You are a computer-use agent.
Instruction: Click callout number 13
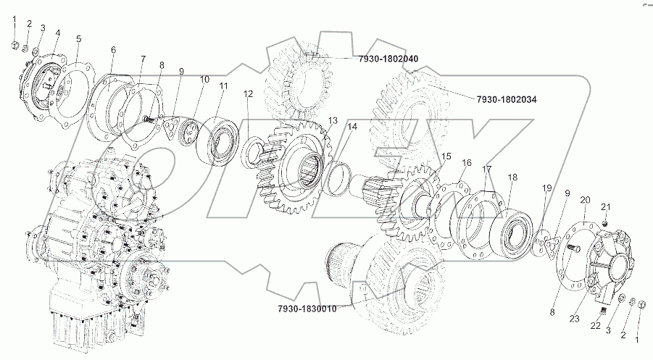pyautogui.click(x=333, y=120)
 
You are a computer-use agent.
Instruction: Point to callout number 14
pyautogui.click(x=352, y=127)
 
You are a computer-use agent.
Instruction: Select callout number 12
pyautogui.click(x=249, y=93)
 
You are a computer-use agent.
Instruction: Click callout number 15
pyautogui.click(x=446, y=156)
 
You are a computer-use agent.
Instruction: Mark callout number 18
pyautogui.click(x=512, y=177)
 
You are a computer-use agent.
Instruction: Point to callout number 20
pyautogui.click(x=585, y=199)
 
